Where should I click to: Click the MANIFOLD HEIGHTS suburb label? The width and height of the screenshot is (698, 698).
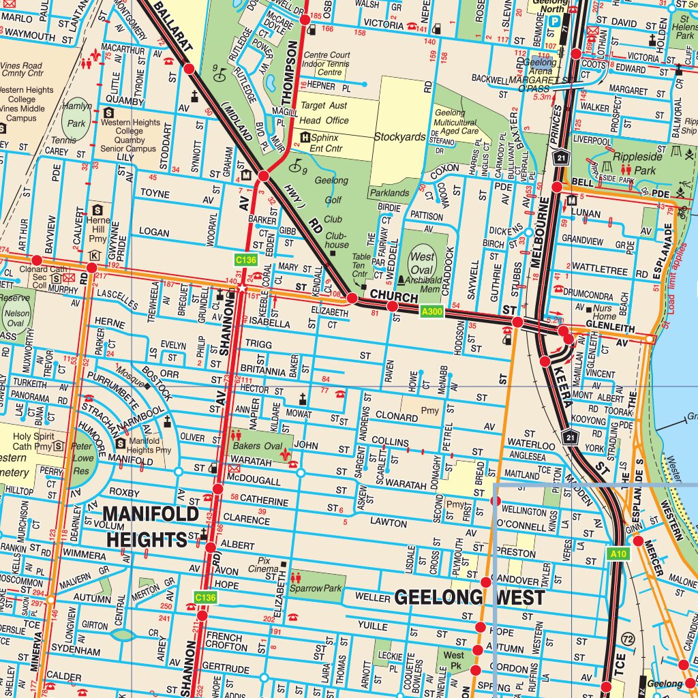151,526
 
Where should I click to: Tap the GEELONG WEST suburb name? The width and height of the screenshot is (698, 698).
470,598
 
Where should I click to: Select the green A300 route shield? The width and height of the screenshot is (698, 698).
433,312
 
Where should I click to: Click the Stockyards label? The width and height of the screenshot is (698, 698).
399,136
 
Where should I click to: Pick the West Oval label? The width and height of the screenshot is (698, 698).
422,262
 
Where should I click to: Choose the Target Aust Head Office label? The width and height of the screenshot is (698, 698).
324,113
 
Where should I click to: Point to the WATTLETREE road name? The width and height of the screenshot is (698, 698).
599,271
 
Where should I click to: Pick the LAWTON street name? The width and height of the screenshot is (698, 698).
389,523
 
